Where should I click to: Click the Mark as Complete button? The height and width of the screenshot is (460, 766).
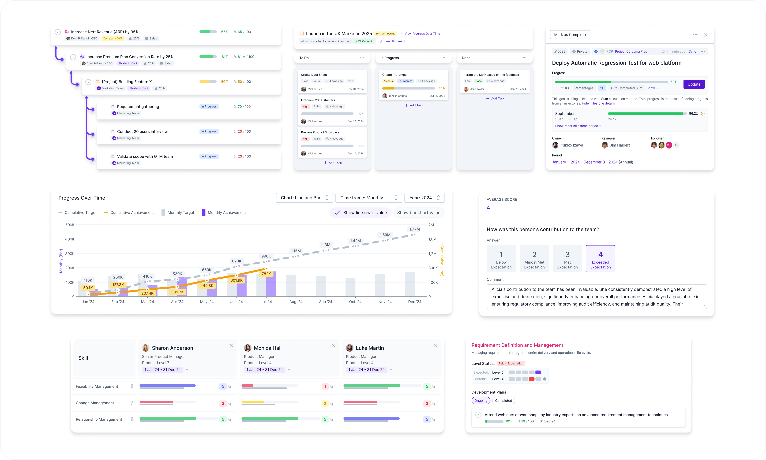point(570,35)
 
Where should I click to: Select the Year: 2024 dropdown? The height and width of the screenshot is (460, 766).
point(424,198)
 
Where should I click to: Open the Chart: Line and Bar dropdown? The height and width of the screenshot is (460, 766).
point(304,198)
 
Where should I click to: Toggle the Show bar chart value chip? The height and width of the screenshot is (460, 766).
point(419,213)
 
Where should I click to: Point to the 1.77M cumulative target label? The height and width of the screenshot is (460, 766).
point(414,229)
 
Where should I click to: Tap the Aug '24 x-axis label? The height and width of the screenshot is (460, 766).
point(296,302)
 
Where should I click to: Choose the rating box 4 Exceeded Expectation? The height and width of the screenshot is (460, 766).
point(600,259)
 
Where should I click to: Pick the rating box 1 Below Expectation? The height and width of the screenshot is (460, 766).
point(501,259)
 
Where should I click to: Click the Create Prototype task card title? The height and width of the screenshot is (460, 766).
point(394,75)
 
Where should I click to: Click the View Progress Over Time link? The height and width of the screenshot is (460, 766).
point(422,34)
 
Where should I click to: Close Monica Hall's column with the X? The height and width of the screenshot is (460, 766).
point(333,345)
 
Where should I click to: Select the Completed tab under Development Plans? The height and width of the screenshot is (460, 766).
point(503,400)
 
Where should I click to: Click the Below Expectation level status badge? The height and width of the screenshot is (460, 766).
point(511,364)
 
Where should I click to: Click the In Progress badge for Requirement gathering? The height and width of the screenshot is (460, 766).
point(209,107)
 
